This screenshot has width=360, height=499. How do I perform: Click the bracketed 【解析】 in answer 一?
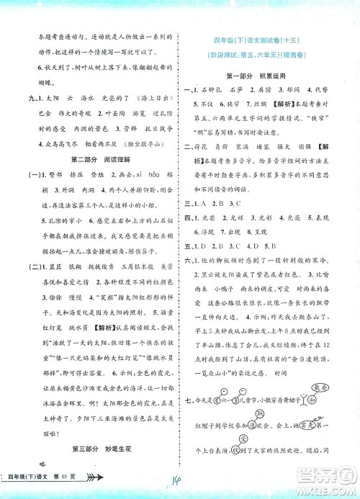click(x=318, y=105)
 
